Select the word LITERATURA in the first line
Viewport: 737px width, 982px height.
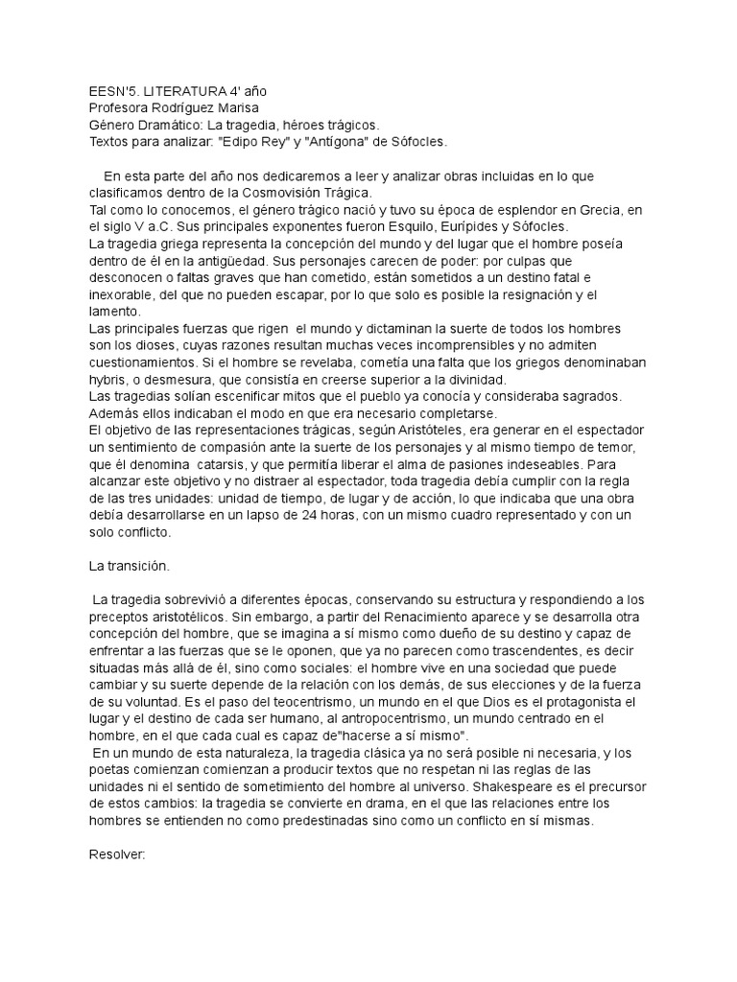(x=189, y=89)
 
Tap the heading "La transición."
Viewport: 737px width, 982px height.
(x=129, y=567)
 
